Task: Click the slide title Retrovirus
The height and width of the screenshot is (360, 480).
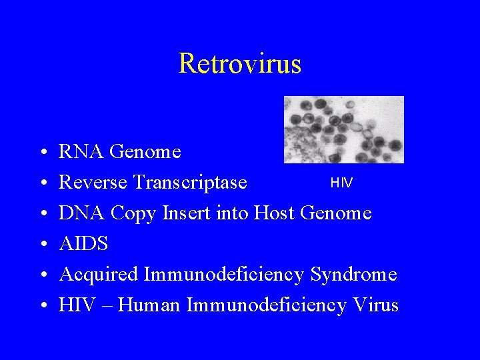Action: pyautogui.click(x=240, y=64)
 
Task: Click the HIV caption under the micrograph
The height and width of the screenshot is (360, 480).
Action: pyautogui.click(x=342, y=183)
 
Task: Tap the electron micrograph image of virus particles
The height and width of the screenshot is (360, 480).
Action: pyautogui.click(x=343, y=129)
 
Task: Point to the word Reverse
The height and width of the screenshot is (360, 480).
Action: pyautogui.click(x=93, y=183)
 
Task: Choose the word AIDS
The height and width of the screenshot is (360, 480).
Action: pyautogui.click(x=83, y=244)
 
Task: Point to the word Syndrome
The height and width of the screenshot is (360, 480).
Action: pyautogui.click(x=353, y=275)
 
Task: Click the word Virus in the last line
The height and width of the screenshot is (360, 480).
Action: pyautogui.click(x=375, y=305)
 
